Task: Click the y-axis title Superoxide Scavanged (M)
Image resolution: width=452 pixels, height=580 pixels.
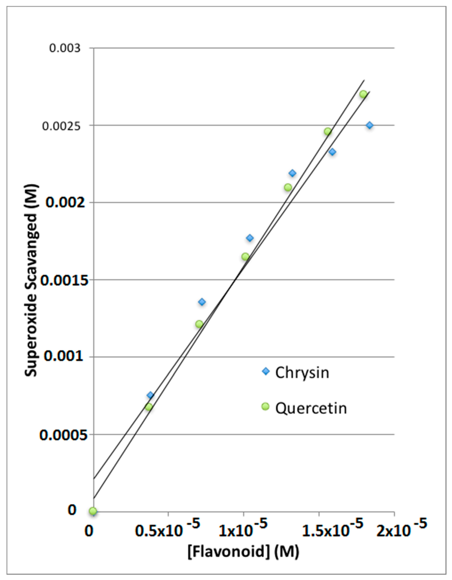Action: pyautogui.click(x=31, y=280)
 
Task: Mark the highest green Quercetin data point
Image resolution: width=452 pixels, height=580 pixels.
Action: pyautogui.click(x=363, y=94)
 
